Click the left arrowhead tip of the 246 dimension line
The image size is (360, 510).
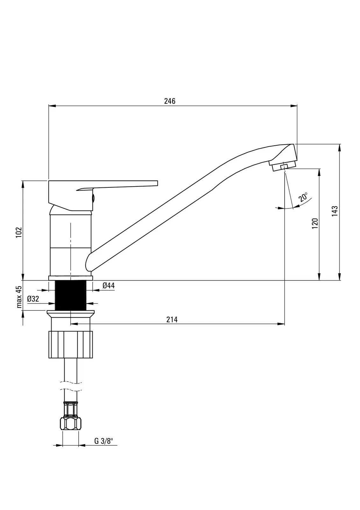[x=49, y=106]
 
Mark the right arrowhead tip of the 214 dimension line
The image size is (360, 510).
[x=285, y=324]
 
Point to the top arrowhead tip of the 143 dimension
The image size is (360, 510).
[x=340, y=144]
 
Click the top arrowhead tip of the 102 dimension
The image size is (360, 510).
[x=23, y=181]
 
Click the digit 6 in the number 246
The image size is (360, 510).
[x=173, y=101]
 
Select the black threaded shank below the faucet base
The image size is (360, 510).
[x=71, y=295]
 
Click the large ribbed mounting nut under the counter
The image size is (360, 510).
[x=71, y=345]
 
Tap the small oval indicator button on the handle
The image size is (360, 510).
[x=93, y=198]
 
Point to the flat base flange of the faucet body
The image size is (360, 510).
[x=71, y=278]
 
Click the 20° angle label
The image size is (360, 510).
[x=303, y=197]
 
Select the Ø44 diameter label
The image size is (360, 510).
[x=109, y=285]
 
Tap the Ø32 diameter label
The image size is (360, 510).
[x=33, y=299]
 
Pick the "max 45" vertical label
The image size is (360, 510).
[x=19, y=297]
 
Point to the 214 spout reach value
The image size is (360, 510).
[x=172, y=319]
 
